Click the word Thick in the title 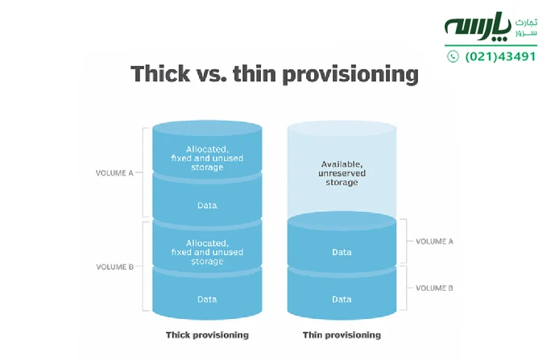[160, 74]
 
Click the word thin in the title [255, 74]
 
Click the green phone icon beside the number [453, 56]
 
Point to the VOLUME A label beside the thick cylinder [114, 172]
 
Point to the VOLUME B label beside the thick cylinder [114, 266]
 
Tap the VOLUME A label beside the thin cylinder [434, 241]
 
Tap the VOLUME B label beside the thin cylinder [434, 288]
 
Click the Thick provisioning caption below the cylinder [207, 334]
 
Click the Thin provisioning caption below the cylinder [342, 334]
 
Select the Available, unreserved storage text [342, 173]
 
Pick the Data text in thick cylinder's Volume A [207, 205]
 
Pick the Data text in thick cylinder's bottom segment [207, 299]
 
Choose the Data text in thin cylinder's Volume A [342, 252]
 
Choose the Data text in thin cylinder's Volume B [342, 299]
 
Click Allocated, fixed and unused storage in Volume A [207, 158]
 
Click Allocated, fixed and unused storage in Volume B [207, 251]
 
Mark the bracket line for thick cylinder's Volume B [143, 266]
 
